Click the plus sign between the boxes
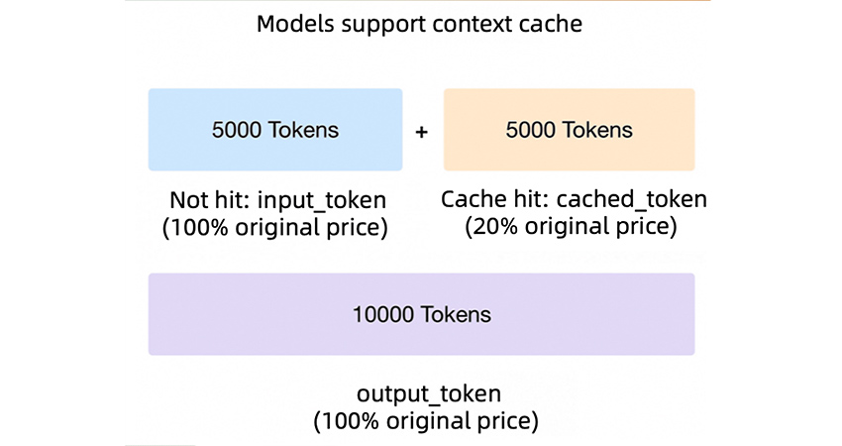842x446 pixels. click(422, 131)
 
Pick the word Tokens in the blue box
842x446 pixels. click(304, 130)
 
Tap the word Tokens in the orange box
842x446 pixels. click(598, 130)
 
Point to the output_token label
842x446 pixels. click(425, 393)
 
